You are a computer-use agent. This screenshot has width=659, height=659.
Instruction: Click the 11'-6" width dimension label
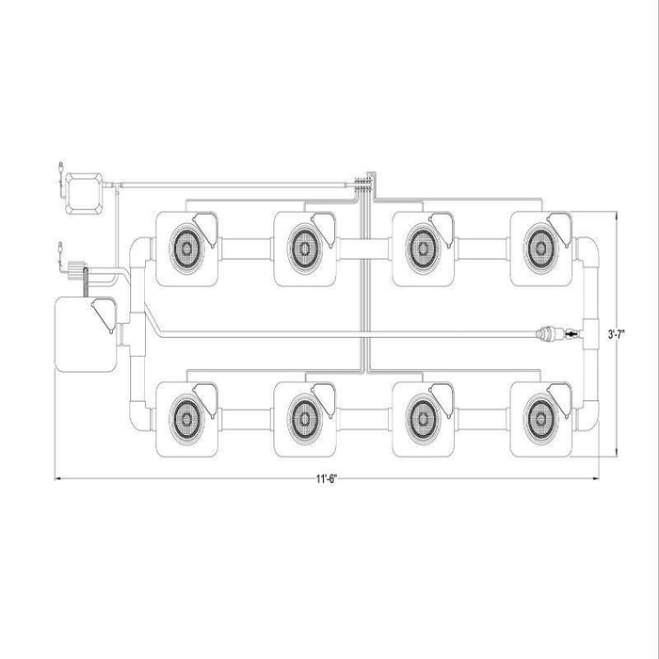coord(328,479)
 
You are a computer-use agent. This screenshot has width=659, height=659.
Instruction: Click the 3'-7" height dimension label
coord(617,334)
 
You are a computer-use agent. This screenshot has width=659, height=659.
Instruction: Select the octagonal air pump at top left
coord(85,194)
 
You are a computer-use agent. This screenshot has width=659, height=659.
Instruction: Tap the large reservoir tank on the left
coord(87,334)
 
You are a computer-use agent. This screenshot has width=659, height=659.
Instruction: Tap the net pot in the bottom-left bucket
coord(186,419)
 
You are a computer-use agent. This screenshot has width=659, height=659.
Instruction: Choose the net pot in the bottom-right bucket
coord(540,419)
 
